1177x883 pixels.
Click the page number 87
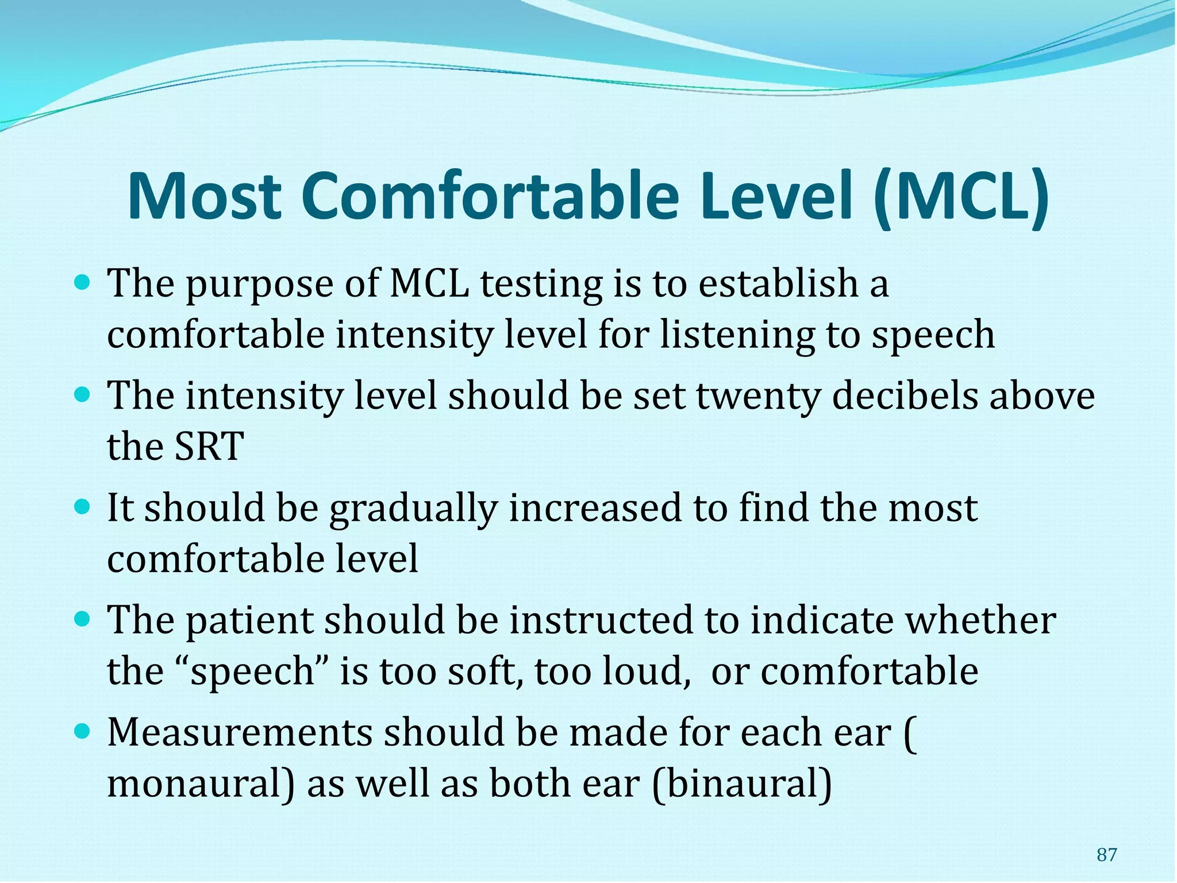[1106, 855]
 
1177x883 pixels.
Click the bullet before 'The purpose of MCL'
[83, 283]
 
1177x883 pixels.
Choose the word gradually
[413, 509]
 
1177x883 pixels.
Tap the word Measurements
[240, 732]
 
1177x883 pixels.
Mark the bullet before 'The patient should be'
[83, 620]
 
